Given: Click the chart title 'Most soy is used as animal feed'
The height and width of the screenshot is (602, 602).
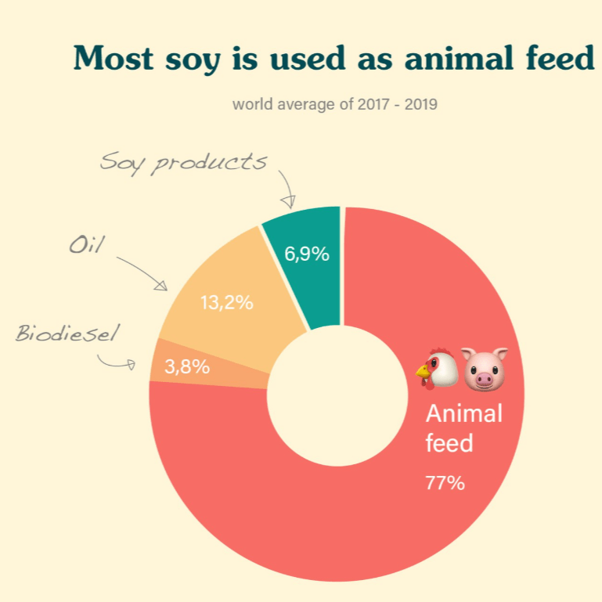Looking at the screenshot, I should (334, 59).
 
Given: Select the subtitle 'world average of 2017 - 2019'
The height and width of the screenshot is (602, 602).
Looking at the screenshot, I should (334, 104).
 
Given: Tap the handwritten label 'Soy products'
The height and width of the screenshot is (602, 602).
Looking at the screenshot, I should (184, 162).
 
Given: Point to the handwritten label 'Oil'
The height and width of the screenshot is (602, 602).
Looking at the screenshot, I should (86, 245).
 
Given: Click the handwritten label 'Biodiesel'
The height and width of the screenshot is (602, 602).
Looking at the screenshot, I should (67, 334).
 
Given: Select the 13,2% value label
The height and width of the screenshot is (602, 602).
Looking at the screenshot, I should (226, 303).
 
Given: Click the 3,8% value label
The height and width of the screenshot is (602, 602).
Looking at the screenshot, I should (186, 366).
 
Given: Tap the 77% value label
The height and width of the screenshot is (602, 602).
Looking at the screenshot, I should (445, 483).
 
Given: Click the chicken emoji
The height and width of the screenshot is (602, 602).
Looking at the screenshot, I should (437, 368).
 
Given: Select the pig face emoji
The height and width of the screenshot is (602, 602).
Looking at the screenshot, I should (484, 368).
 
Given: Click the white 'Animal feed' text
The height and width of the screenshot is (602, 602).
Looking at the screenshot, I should (463, 428).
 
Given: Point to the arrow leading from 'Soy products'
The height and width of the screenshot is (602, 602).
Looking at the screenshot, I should (287, 188).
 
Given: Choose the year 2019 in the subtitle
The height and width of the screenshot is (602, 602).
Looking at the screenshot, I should (420, 104).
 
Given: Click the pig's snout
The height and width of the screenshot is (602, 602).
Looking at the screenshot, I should (484, 379).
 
